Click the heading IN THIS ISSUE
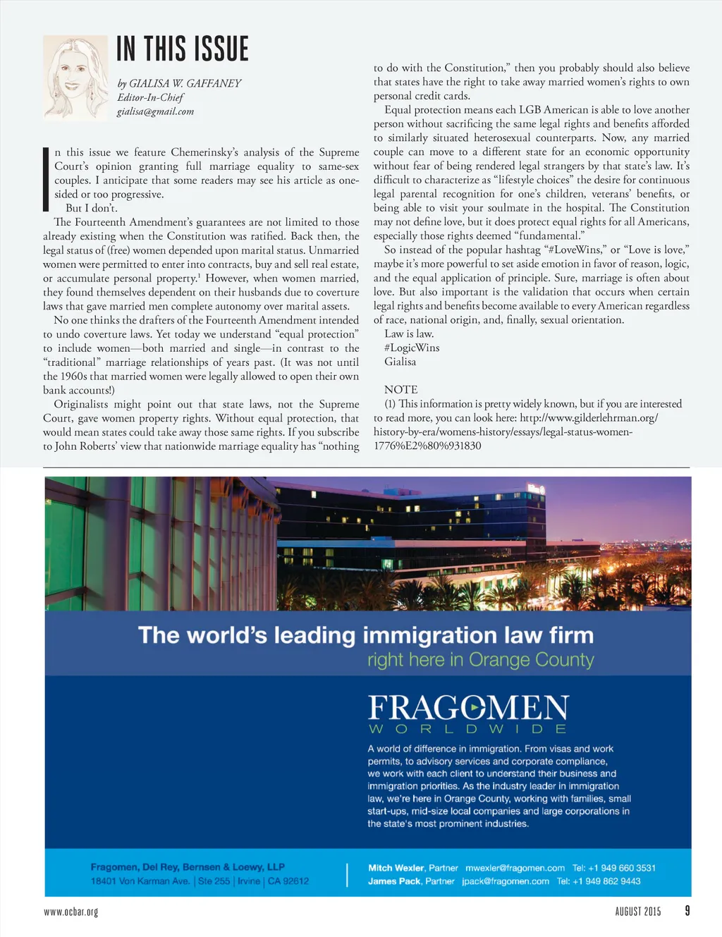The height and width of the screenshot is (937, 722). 183,49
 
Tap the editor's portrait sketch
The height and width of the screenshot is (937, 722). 75,78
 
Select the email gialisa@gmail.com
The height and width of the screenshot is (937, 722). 155,111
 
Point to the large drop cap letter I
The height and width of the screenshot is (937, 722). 47,179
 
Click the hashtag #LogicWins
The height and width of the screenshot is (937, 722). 412,348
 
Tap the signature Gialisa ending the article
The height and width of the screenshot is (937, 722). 400,362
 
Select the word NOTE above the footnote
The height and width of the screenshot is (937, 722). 400,389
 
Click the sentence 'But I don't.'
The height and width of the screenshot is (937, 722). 92,208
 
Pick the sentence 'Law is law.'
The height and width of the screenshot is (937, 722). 409,333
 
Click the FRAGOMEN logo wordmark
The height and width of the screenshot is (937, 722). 468,707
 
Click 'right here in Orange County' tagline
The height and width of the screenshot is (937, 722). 480,660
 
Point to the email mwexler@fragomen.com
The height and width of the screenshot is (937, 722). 515,868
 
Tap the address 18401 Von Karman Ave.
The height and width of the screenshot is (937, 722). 140,881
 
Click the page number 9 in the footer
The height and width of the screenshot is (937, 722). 687,910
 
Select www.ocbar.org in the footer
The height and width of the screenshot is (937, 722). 71,912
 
